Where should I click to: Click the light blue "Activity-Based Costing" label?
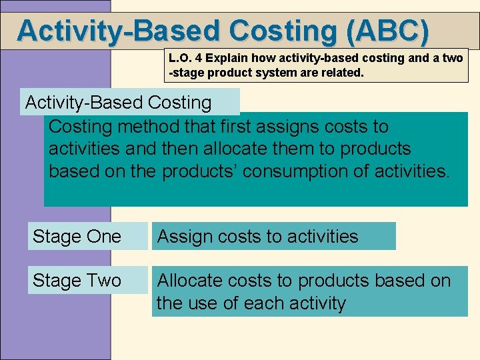point(118,103)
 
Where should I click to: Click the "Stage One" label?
point(77,237)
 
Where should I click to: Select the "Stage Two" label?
point(77,281)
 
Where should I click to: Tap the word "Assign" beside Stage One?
point(184,237)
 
